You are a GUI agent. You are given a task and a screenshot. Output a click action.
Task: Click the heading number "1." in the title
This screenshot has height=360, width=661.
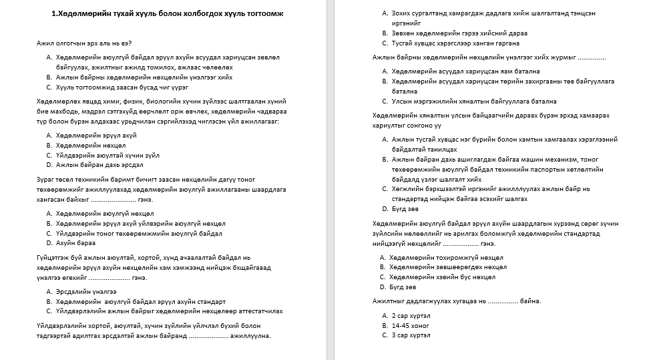pos(55,13)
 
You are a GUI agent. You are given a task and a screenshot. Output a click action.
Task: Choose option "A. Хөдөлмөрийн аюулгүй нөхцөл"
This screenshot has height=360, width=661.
pos(96,214)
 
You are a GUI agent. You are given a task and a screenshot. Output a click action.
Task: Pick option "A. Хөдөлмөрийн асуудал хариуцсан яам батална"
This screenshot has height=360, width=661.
pos(461,71)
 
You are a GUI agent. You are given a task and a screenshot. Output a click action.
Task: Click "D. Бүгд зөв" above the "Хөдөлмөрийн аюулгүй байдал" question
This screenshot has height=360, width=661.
pos(400,209)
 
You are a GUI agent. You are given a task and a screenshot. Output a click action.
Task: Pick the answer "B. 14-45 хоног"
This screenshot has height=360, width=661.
pos(407,325)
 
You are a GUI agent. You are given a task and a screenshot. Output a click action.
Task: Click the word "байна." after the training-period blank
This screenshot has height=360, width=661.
pos(530,301)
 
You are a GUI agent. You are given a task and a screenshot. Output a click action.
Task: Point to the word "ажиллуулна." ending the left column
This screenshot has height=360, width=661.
pos(250,336)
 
